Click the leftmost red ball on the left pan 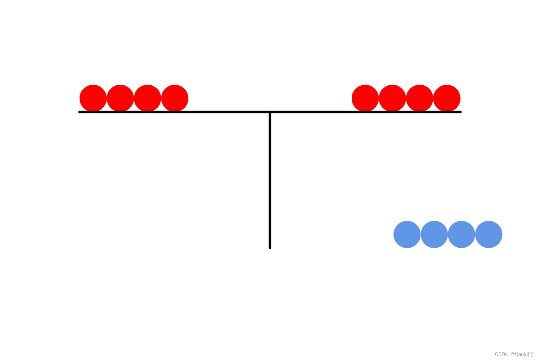click(x=93, y=98)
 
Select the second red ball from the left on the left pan click(x=120, y=98)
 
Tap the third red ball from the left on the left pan click(x=148, y=98)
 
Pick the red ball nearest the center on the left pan click(x=175, y=98)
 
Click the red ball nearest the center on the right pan click(x=365, y=98)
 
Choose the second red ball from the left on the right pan click(x=392, y=98)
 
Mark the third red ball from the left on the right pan click(x=419, y=98)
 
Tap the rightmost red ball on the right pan click(x=447, y=98)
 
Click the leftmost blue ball click(x=407, y=234)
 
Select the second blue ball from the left click(x=434, y=234)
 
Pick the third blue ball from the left click(x=461, y=234)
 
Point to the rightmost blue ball click(x=489, y=234)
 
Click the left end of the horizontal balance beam click(x=80, y=112)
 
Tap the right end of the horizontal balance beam click(x=460, y=112)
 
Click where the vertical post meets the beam click(x=270, y=112)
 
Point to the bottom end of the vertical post click(x=270, y=247)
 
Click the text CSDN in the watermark click(x=501, y=354)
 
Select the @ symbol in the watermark click(x=513, y=354)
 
